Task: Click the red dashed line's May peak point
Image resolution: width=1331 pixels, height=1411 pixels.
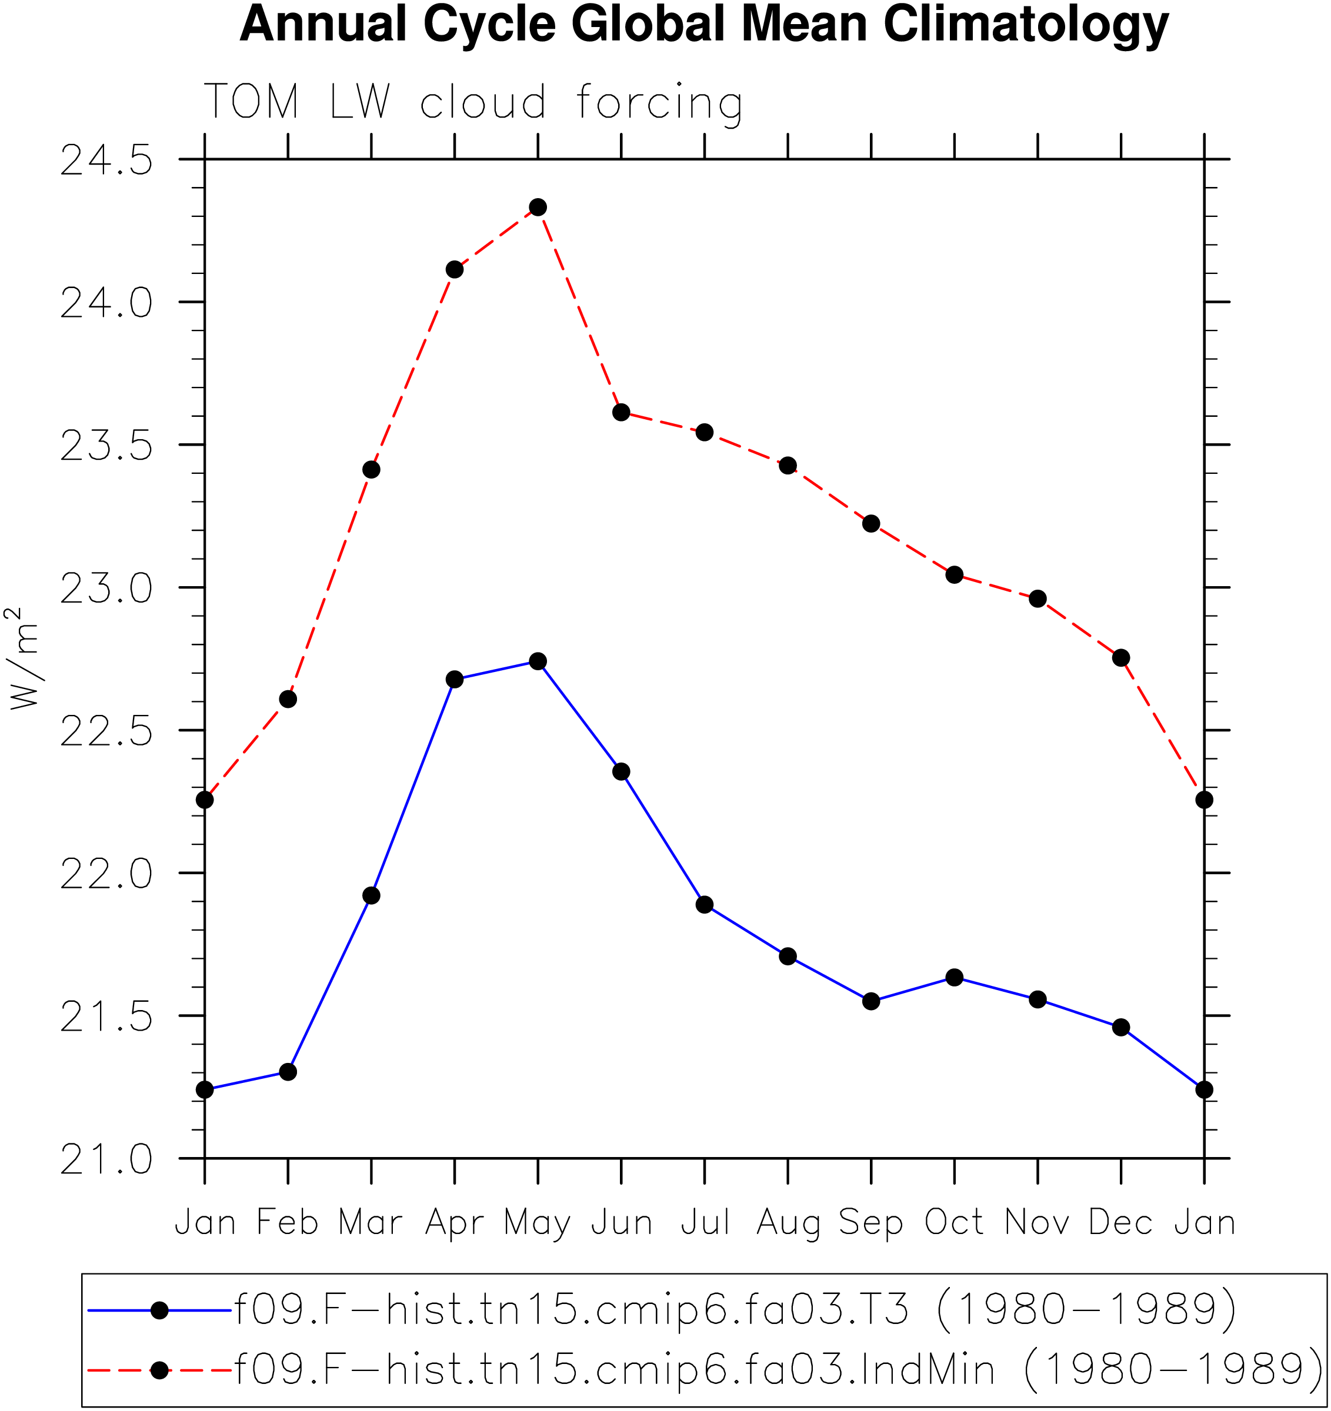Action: click(x=538, y=208)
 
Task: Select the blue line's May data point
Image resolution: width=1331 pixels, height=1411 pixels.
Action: click(x=538, y=661)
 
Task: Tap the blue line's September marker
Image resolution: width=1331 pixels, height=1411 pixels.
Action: click(x=871, y=1001)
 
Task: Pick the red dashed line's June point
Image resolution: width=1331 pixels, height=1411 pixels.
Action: click(x=621, y=412)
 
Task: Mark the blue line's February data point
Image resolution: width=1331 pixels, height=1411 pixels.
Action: click(x=288, y=1072)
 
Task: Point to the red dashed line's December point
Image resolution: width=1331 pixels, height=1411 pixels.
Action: click(x=1121, y=658)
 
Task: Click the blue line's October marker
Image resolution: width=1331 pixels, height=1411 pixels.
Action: click(x=954, y=977)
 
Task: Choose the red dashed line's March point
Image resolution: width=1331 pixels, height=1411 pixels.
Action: click(x=371, y=470)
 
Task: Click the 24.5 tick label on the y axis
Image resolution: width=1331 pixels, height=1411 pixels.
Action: click(x=106, y=161)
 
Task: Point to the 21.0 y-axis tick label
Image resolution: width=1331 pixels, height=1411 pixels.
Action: click(x=106, y=1160)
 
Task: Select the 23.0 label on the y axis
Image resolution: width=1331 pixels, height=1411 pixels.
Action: click(x=106, y=589)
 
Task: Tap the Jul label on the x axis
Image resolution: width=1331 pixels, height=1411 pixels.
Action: click(x=705, y=1222)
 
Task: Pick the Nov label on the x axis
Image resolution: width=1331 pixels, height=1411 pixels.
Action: click(x=1037, y=1222)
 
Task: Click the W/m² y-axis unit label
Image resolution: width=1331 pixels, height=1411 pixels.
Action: click(x=21, y=658)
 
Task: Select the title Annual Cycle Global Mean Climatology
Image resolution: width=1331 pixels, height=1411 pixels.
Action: click(x=704, y=25)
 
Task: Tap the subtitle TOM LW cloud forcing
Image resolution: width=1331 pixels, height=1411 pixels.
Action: click(x=473, y=103)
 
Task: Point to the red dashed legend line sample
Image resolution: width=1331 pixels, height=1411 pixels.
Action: click(x=160, y=1370)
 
